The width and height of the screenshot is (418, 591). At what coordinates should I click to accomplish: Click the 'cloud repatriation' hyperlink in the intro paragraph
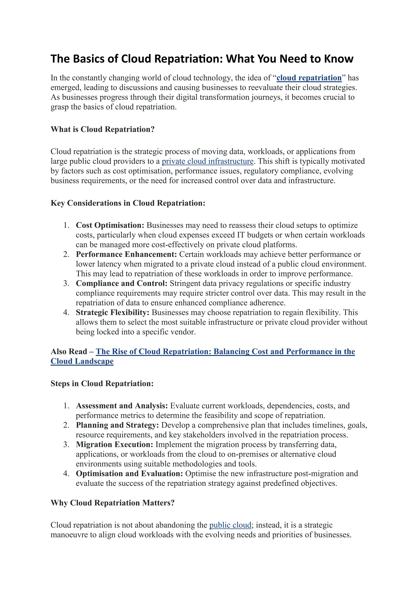309,78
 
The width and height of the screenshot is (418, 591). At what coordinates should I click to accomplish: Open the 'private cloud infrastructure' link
207,161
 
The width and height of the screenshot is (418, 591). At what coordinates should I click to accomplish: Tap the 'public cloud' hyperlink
230,525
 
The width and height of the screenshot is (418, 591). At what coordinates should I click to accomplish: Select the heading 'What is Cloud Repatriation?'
102,129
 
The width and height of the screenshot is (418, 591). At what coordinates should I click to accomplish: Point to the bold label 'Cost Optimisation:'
110,225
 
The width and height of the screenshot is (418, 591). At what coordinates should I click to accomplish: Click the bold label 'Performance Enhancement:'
126,254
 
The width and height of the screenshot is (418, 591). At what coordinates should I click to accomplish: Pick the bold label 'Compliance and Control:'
121,283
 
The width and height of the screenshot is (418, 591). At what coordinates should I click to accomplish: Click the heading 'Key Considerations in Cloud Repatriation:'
128,203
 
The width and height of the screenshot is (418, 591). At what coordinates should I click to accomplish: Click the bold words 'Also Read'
69,352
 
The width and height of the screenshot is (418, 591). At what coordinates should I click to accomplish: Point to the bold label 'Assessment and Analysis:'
122,406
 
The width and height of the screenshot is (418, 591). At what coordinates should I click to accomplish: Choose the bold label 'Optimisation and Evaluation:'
129,474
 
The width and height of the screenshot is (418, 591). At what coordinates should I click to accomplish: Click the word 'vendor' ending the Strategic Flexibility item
184,332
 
